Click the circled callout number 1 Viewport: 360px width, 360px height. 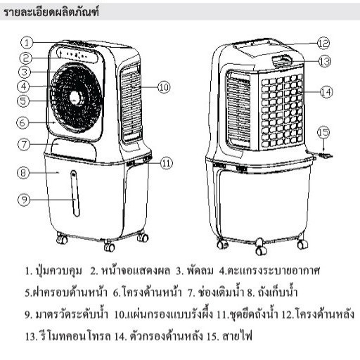27,43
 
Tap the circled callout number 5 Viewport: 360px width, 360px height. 23,101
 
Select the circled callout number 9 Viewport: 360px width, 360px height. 24,200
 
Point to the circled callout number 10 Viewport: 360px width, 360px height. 164,87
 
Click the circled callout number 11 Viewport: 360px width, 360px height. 167,163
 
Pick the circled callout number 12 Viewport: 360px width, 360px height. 323,44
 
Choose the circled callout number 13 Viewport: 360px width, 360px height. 325,61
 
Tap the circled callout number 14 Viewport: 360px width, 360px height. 326,92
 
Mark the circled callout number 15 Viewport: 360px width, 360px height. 323,133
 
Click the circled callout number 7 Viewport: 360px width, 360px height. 24,144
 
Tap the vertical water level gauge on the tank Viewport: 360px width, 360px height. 75,193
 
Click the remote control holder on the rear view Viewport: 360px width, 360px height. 283,60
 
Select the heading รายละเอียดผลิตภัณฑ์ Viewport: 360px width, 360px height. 51,12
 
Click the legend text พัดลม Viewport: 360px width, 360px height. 200,271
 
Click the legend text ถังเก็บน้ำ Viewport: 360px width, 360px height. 278,292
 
